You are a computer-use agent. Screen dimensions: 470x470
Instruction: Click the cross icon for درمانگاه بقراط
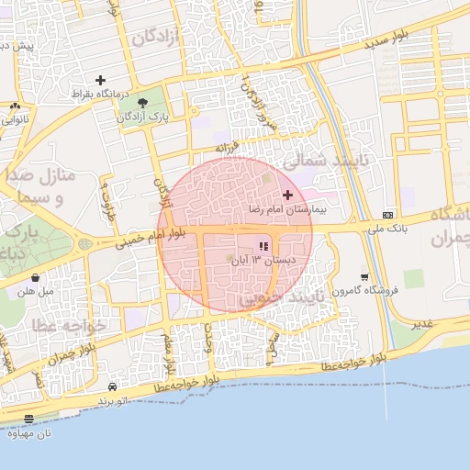[x=99, y=80]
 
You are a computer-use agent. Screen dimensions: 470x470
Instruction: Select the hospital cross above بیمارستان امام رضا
[x=287, y=195]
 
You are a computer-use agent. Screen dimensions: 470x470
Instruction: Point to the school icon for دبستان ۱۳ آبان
[x=264, y=246]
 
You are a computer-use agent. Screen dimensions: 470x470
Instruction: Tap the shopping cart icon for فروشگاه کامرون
[x=365, y=276]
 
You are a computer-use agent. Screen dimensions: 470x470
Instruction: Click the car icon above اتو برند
[x=112, y=387]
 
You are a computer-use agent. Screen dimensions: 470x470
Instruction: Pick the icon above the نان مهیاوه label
[x=29, y=419]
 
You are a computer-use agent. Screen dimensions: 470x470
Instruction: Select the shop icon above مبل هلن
[x=35, y=277]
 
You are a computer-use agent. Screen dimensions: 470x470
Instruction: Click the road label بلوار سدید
[x=365, y=44]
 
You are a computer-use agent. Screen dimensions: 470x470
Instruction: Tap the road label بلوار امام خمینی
[x=150, y=240]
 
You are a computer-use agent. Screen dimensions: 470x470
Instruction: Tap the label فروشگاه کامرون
[x=342, y=291]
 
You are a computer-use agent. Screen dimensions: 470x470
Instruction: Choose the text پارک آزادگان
[x=142, y=118]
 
